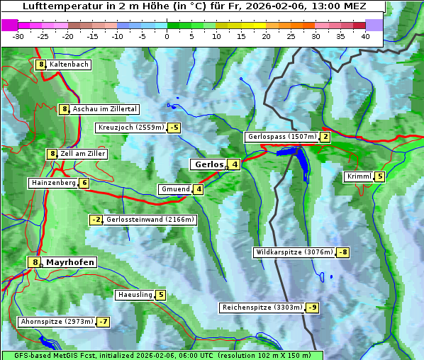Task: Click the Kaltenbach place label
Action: click(x=69, y=64)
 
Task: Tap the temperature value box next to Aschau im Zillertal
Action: click(x=64, y=109)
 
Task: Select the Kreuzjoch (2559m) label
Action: click(x=130, y=128)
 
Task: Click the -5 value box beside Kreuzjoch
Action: click(x=174, y=128)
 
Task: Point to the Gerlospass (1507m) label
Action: click(x=281, y=137)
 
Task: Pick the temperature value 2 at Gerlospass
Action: click(x=325, y=137)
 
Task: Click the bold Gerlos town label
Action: click(x=208, y=164)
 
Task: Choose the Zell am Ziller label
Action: click(x=83, y=154)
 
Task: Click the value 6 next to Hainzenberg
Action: click(x=84, y=183)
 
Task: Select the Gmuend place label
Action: click(x=175, y=189)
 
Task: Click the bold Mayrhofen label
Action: click(x=70, y=262)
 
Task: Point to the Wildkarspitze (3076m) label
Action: click(x=294, y=252)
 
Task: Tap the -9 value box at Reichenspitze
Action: click(x=313, y=308)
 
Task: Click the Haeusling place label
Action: click(x=134, y=295)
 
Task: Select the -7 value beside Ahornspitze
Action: click(x=104, y=322)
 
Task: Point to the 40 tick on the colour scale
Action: click(x=365, y=35)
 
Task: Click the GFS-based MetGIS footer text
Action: click(x=162, y=355)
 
